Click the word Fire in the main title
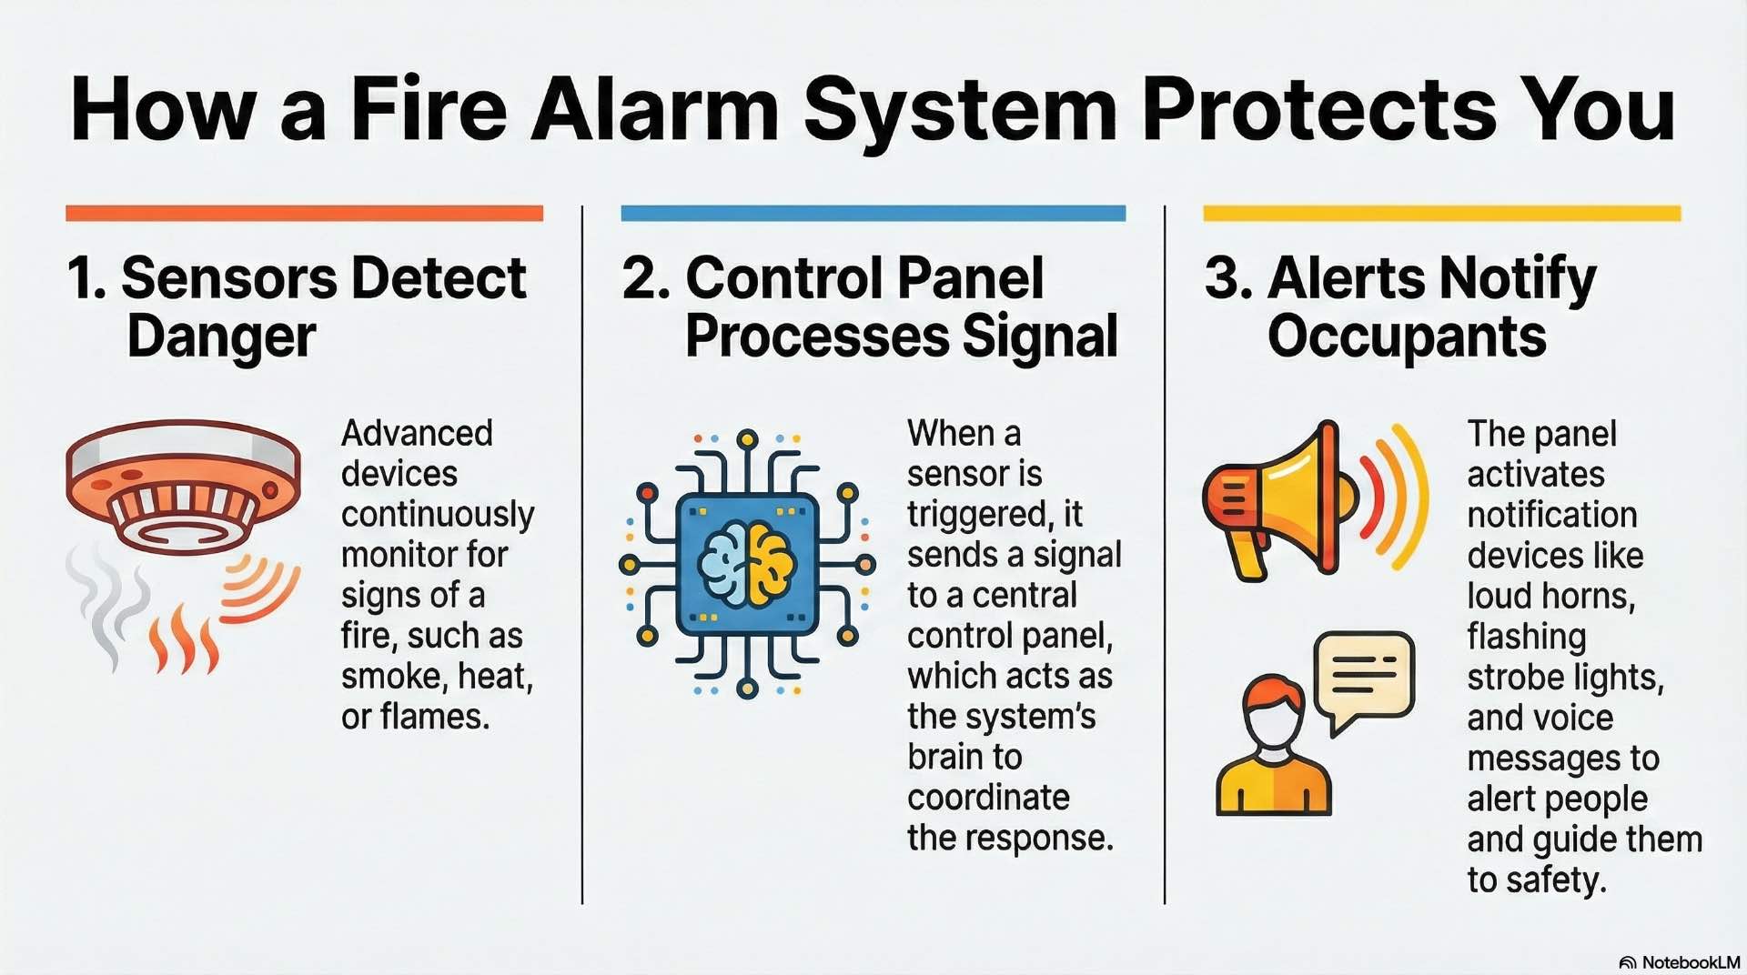click(428, 109)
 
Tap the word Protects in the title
click(1318, 109)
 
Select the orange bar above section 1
click(304, 214)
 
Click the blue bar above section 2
click(873, 214)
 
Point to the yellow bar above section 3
click(1441, 214)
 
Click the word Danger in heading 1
click(221, 337)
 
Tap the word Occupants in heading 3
click(1407, 337)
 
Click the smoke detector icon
click(184, 487)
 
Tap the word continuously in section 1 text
click(438, 515)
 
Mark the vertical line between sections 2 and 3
click(1165, 555)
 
